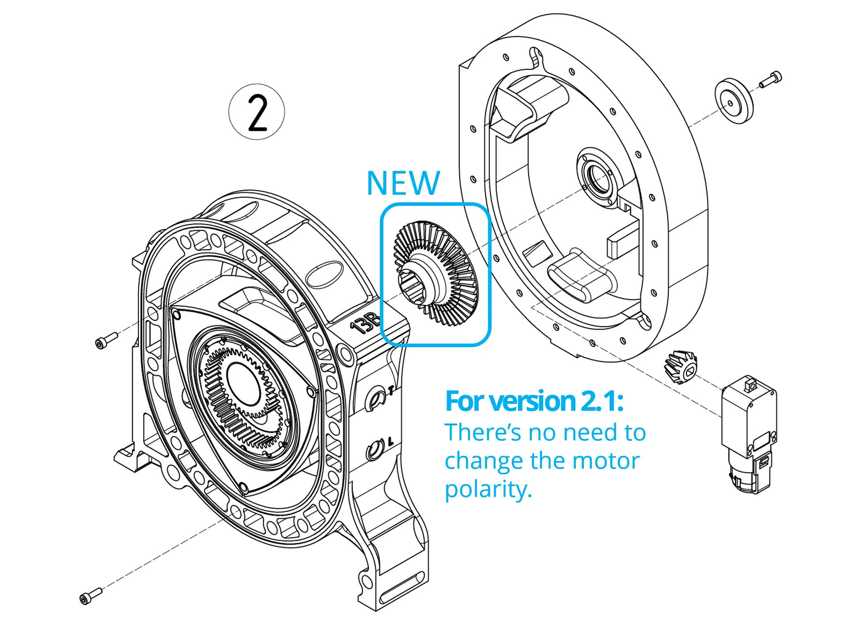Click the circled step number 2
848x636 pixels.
coord(257,112)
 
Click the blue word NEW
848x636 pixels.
coord(403,183)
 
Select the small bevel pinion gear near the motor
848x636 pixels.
coord(681,366)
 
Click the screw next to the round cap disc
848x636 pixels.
coord(771,79)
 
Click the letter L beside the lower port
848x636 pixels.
coord(390,441)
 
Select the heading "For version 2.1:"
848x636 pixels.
coord(534,401)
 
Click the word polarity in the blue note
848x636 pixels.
coord(488,489)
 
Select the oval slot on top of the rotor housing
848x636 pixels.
coord(325,274)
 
